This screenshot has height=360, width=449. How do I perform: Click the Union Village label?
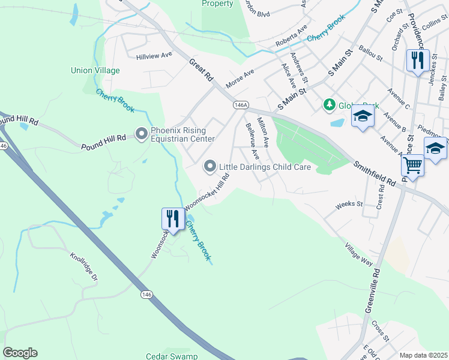click(95, 70)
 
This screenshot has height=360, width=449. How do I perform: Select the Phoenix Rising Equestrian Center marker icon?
click(142, 134)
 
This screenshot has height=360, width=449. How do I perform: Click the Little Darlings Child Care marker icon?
click(210, 166)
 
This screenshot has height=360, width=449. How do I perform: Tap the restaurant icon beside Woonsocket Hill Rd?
click(173, 218)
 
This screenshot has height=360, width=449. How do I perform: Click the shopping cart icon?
click(412, 164)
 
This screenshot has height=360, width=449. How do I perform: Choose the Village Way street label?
click(359, 254)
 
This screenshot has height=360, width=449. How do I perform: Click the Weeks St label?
click(349, 205)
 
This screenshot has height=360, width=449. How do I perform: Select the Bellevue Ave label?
click(252, 142)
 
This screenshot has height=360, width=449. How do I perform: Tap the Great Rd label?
click(201, 70)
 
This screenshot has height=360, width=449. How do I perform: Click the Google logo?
click(20, 353)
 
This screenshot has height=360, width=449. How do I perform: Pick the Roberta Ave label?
click(291, 36)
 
